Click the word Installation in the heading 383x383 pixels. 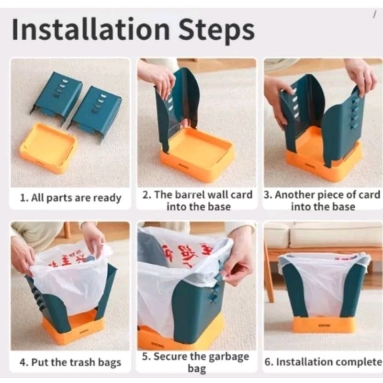(x=90, y=29)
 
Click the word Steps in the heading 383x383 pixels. (x=217, y=32)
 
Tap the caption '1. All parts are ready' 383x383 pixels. (x=70, y=198)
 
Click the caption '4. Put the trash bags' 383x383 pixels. (x=70, y=362)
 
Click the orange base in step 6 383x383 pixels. (x=324, y=325)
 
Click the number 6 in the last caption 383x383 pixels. (x=268, y=362)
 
